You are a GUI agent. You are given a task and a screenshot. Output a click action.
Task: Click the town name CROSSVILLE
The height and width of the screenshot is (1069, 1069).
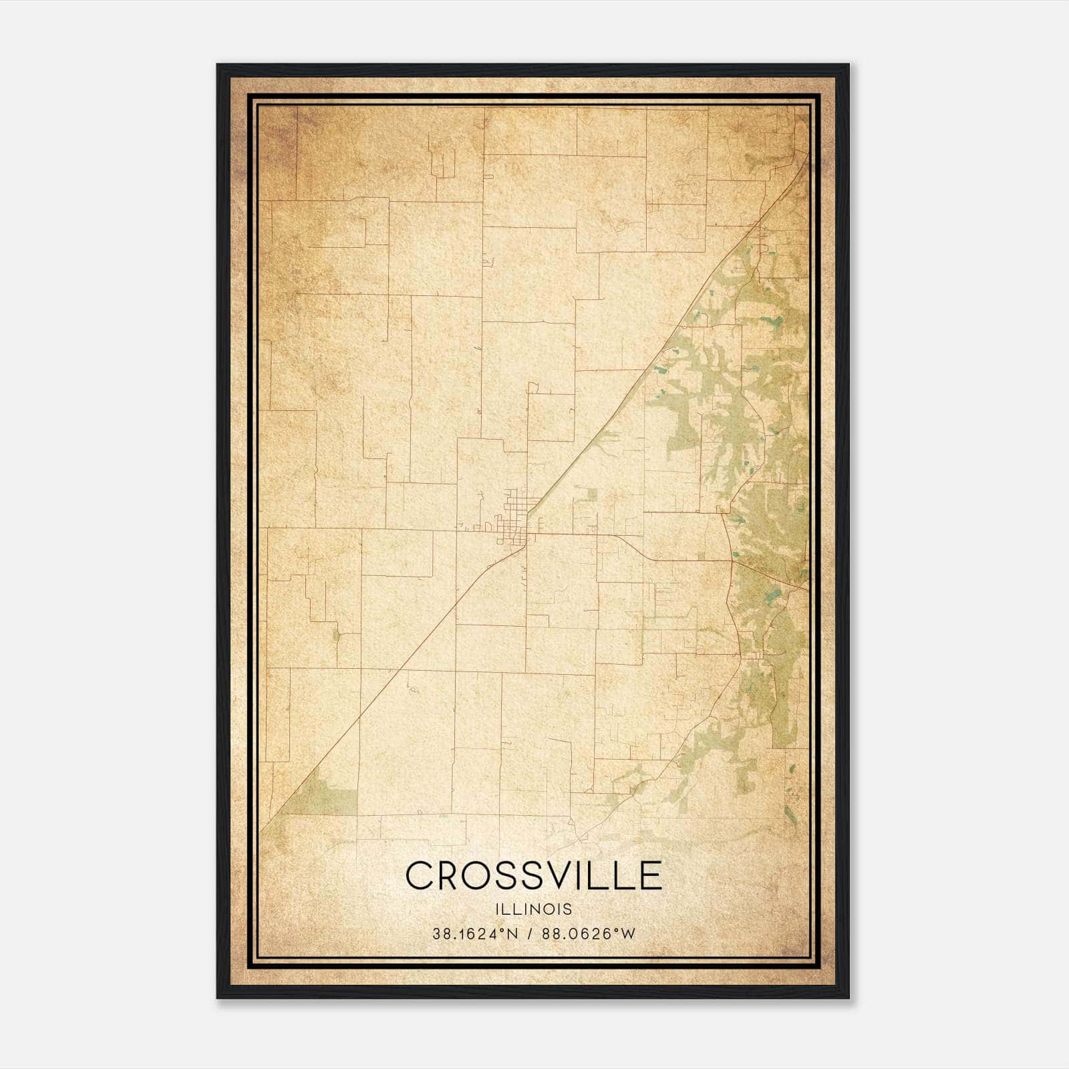(x=533, y=875)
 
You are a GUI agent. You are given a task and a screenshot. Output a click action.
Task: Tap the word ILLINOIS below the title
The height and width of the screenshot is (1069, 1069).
(x=533, y=909)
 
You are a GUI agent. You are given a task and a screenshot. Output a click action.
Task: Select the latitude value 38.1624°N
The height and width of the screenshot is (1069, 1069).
(x=475, y=934)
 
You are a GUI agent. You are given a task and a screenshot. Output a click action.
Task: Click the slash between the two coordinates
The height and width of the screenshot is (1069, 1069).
(x=530, y=934)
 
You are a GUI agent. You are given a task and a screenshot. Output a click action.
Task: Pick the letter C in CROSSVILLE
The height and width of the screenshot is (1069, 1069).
(x=420, y=875)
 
